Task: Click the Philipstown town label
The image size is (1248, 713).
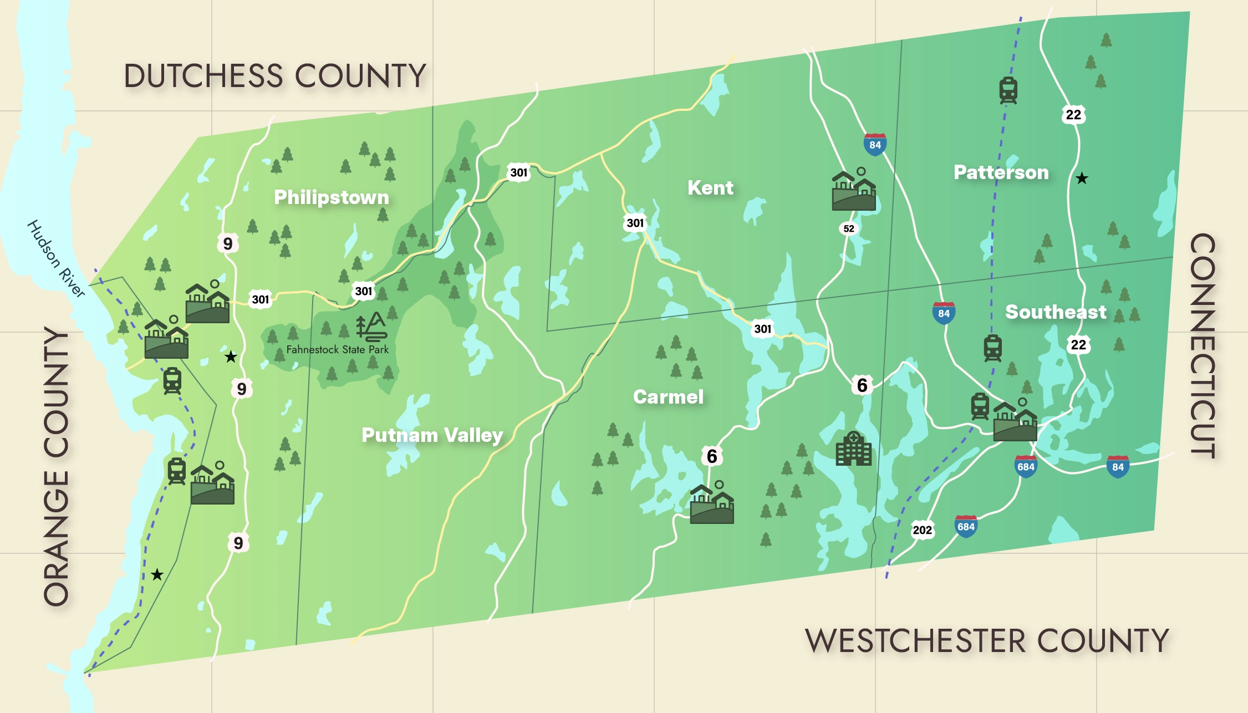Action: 332,197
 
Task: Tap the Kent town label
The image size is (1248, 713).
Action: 710,188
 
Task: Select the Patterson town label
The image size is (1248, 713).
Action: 1001,172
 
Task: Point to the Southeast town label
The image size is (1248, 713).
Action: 1056,312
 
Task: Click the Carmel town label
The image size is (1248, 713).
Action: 668,397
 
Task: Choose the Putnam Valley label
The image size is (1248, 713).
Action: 432,435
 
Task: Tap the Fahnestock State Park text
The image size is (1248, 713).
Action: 337,350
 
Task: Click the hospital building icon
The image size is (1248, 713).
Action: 853,449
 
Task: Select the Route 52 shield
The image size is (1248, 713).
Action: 848,228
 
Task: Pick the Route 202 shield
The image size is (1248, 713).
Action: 922,530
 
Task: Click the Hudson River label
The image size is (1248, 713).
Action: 56,259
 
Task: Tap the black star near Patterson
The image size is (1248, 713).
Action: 1082,179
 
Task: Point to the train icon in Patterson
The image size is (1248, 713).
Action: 1008,90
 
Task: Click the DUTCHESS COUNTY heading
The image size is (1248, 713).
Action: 275,76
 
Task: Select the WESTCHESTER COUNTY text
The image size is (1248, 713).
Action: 987,641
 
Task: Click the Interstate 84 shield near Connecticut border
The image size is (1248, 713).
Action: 1118,467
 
